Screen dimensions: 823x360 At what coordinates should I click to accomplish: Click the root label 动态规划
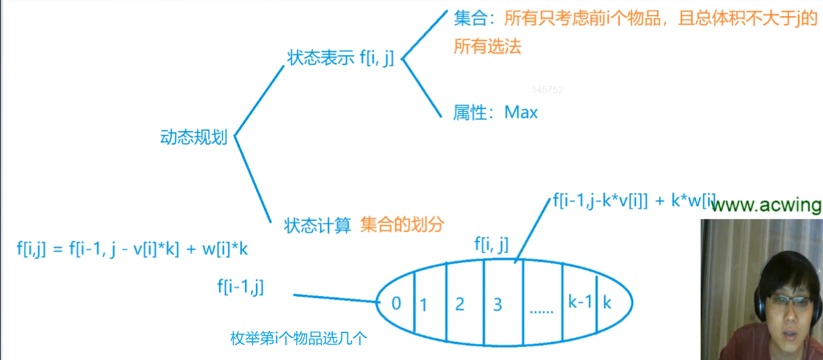tap(194, 138)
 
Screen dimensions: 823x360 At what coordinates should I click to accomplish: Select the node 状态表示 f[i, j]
tap(341, 59)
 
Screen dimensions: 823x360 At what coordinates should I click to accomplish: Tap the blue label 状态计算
tap(318, 226)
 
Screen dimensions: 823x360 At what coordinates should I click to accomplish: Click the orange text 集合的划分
tap(402, 224)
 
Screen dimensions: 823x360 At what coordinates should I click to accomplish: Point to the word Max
tap(521, 113)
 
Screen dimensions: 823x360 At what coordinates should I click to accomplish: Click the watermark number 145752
tap(547, 90)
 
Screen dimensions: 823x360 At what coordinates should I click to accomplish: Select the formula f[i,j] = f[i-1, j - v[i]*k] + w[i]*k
tap(132, 249)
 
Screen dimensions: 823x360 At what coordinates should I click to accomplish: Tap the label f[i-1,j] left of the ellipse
tap(240, 287)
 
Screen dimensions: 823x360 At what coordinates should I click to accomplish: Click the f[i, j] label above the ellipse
tap(491, 244)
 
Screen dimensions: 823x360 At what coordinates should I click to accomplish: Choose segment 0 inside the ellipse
tap(396, 302)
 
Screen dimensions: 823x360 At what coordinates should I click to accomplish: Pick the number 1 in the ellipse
tap(423, 305)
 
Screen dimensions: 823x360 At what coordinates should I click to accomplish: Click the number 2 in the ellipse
tap(459, 304)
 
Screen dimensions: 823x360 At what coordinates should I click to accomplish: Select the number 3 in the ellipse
tap(497, 304)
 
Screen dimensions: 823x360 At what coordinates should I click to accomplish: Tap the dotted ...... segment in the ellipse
tap(541, 309)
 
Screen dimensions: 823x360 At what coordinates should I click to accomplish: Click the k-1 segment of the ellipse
tap(579, 301)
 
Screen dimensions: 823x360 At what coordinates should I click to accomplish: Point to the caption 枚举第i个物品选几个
tap(298, 339)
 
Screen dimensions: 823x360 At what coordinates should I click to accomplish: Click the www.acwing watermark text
tap(766, 205)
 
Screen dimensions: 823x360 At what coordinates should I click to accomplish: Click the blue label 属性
tap(470, 113)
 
